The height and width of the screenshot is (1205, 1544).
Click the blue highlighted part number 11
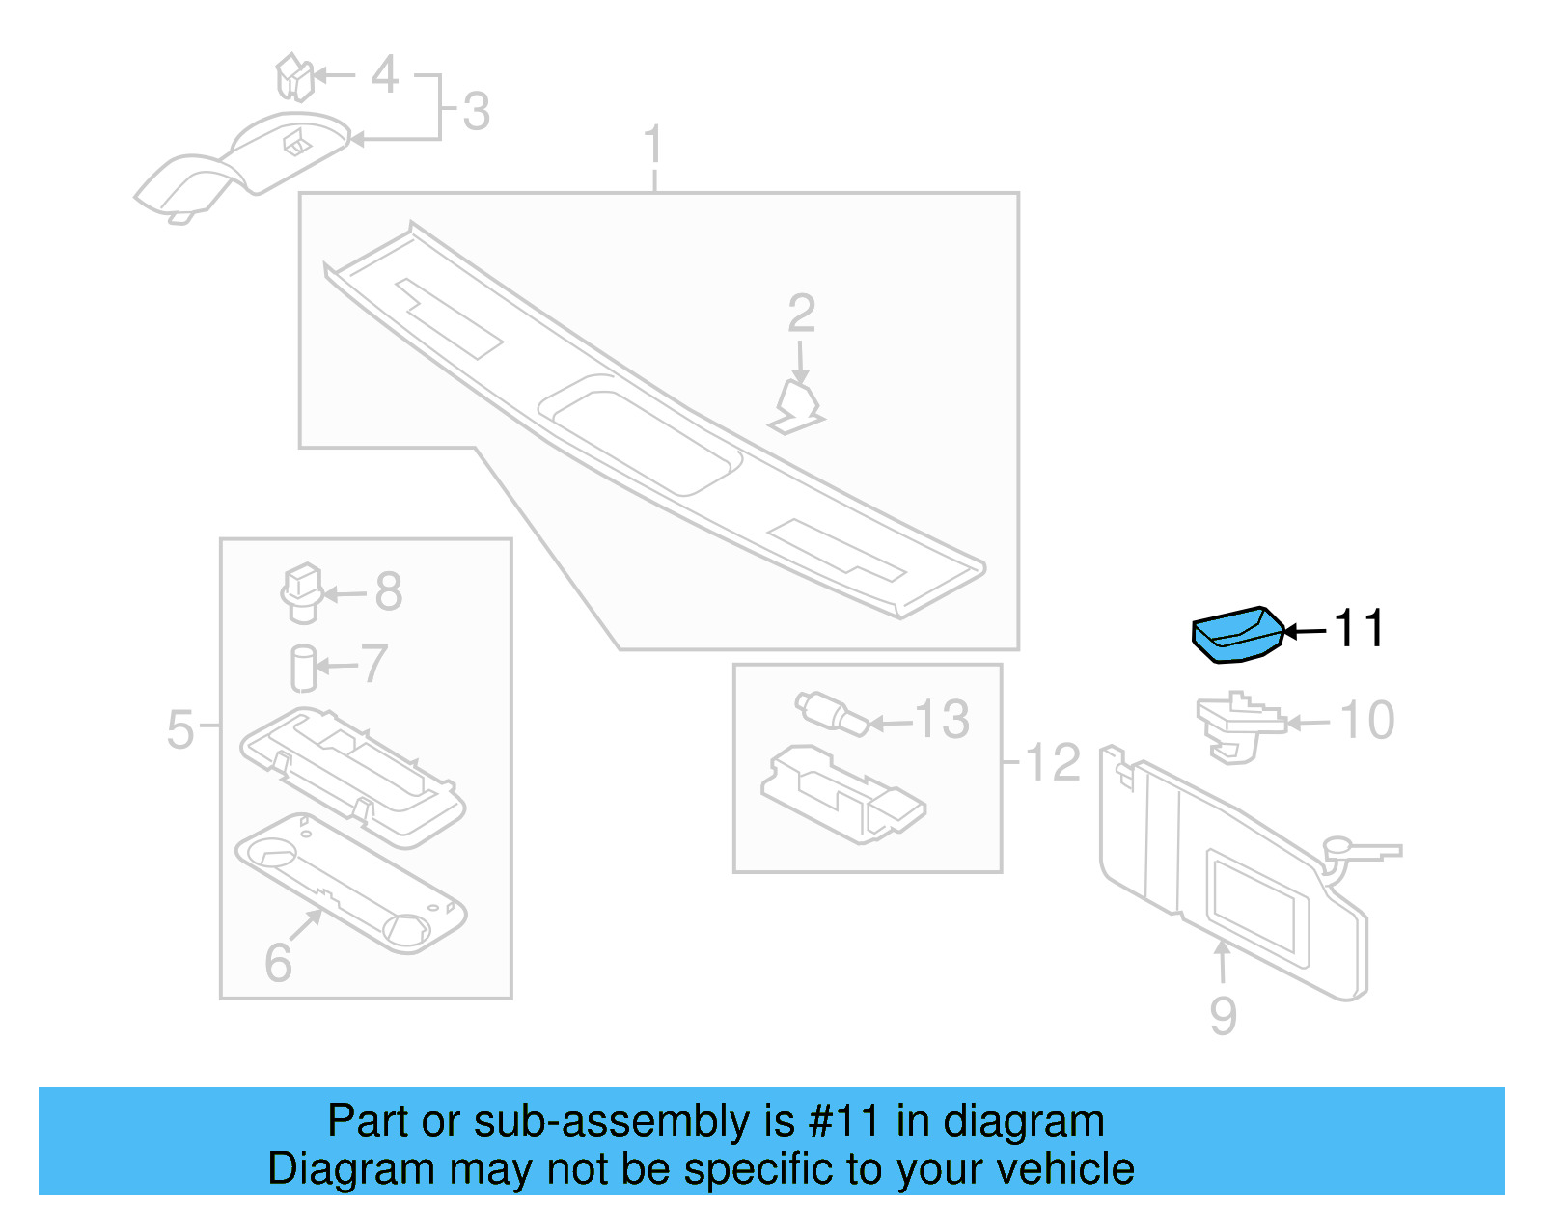(1237, 635)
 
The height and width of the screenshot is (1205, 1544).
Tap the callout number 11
(1359, 629)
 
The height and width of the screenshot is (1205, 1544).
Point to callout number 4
(384, 74)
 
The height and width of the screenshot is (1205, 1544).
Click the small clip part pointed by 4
(294, 77)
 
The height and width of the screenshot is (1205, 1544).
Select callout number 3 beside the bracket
(476, 112)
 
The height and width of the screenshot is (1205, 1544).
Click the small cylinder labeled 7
(303, 668)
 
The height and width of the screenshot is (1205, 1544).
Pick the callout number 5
(180, 729)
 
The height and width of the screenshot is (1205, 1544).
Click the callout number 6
(278, 962)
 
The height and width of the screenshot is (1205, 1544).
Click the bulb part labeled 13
(832, 714)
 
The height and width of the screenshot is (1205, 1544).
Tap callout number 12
(1052, 762)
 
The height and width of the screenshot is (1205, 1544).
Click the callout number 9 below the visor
(1223, 1016)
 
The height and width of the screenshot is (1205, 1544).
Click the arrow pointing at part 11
(1305, 632)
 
